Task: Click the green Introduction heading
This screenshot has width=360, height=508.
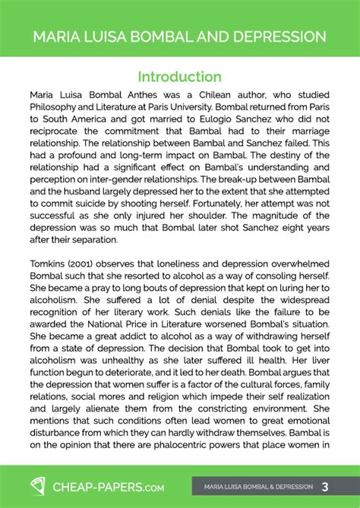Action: tap(179, 77)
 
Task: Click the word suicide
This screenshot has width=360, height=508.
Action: tap(99, 207)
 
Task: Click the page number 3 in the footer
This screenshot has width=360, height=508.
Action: tap(325, 486)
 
